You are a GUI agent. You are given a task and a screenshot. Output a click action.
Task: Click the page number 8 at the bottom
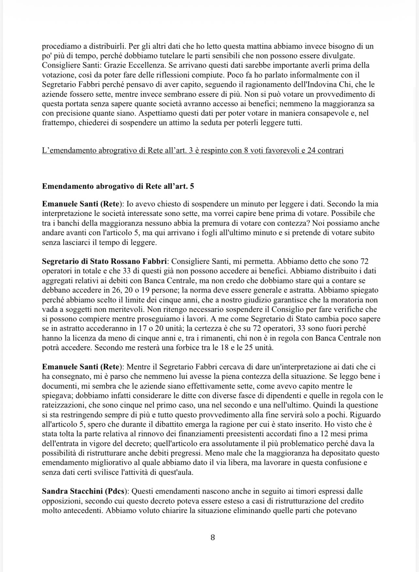tap(213, 537)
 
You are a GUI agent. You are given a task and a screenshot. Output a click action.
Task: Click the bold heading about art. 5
tap(118, 186)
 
